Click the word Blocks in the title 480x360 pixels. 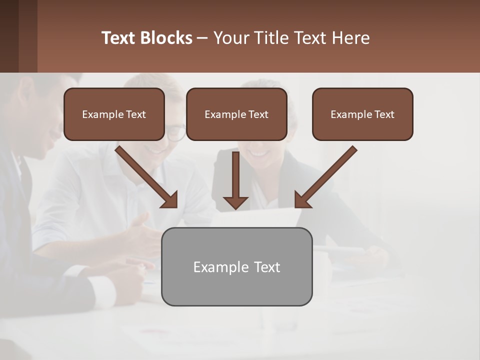[x=166, y=38]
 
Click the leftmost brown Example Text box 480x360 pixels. [x=114, y=114]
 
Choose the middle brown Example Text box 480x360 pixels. [x=236, y=114]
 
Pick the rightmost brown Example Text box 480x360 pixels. [x=362, y=114]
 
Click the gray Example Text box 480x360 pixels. [x=236, y=266]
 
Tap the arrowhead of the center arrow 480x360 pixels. [x=235, y=202]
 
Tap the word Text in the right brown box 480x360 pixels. [x=384, y=114]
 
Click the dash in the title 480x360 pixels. [x=202, y=38]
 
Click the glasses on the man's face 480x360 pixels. [x=174, y=132]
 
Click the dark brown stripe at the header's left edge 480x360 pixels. [x=9, y=36]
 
